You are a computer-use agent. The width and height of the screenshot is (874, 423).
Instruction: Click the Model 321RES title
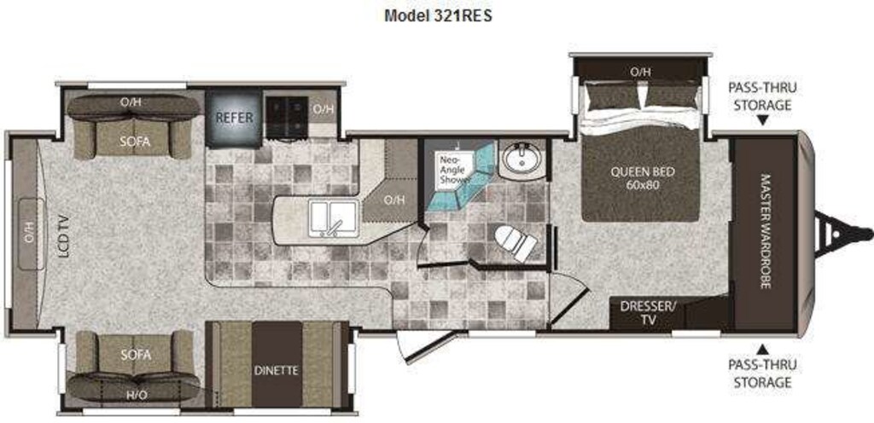438,15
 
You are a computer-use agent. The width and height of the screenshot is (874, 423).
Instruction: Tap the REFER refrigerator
234,119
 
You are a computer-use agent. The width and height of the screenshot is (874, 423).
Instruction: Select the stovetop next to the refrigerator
286,117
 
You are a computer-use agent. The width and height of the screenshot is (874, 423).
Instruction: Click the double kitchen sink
334,218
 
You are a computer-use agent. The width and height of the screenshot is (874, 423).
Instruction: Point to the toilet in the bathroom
516,243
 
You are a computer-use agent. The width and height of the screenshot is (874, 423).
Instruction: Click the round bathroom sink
521,158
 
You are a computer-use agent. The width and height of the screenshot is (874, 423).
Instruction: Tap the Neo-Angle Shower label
454,169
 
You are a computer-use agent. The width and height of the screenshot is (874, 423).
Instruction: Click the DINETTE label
277,370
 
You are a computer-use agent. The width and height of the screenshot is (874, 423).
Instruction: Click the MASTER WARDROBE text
766,231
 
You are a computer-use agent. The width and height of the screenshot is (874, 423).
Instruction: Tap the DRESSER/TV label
648,312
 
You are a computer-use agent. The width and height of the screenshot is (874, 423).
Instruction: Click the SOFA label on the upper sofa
135,142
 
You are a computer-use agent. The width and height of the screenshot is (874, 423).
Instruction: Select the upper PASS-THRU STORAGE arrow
762,120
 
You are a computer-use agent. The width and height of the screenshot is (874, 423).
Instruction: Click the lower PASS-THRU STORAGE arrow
762,350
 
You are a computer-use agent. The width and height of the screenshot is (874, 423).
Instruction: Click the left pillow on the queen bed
611,95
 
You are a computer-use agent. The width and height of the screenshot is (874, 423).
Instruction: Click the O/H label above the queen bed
640,72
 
